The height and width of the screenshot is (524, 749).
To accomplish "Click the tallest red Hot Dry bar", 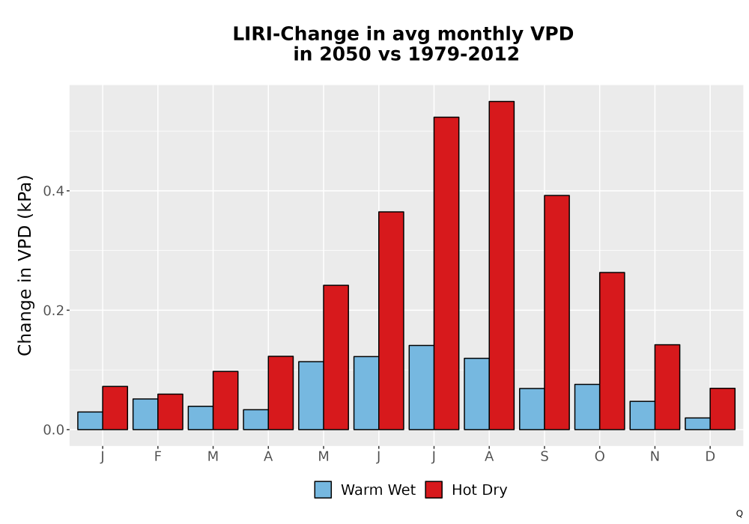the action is [x=502, y=265].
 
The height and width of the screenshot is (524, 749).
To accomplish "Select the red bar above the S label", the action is [x=557, y=313].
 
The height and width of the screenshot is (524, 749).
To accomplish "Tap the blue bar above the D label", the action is [x=697, y=424].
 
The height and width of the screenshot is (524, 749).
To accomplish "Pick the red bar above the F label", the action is [x=170, y=412].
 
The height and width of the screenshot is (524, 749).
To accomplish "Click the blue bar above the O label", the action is [x=587, y=407].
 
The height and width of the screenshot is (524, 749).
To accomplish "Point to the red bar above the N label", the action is [x=667, y=387].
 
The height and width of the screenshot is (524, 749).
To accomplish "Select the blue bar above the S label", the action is [x=532, y=409].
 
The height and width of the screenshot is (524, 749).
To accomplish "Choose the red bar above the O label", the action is [x=612, y=351].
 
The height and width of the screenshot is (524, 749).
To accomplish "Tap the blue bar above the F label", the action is [x=145, y=414].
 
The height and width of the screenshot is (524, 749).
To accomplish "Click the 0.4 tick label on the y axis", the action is [x=53, y=191].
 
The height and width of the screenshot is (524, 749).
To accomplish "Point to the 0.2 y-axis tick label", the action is [x=53, y=310].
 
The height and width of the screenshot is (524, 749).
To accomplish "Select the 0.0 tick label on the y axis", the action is [x=53, y=430].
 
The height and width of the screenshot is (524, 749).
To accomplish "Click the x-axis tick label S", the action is [x=544, y=457].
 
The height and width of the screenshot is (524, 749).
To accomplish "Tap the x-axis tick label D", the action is [x=710, y=457].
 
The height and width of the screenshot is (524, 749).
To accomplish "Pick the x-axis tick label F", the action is [x=157, y=457].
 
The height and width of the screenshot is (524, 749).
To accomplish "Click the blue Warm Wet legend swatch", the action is [x=323, y=490].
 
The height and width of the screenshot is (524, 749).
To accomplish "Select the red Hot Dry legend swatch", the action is [x=434, y=490].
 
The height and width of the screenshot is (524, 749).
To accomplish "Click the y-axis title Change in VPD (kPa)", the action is [x=25, y=266].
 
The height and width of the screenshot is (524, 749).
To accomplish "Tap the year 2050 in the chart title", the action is [x=345, y=54].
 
